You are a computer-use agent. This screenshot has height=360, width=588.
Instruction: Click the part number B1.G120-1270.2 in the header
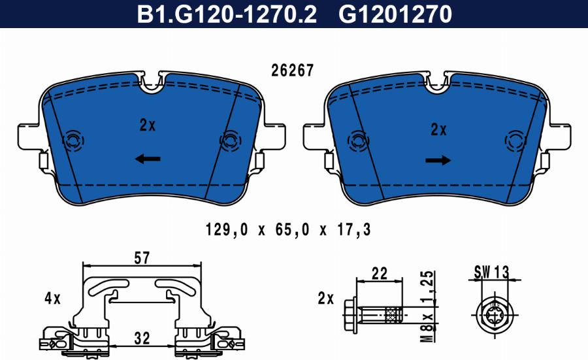[226, 14]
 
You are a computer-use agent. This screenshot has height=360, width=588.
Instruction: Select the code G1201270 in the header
[395, 14]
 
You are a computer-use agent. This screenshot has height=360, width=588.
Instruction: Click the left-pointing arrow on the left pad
[148, 158]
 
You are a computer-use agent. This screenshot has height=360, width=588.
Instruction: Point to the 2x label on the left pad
[148, 124]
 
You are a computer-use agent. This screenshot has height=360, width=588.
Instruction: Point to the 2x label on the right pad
[438, 129]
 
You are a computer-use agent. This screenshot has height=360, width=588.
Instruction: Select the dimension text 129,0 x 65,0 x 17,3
[289, 230]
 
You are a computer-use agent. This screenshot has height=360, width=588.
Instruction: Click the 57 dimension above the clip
[142, 258]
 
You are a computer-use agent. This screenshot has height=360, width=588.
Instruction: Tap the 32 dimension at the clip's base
[142, 338]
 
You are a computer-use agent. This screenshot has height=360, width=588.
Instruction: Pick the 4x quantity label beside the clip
[52, 299]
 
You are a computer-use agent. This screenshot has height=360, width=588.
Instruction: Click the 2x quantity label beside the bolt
[325, 299]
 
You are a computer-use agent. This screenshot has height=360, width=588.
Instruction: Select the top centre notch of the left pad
[154, 82]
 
